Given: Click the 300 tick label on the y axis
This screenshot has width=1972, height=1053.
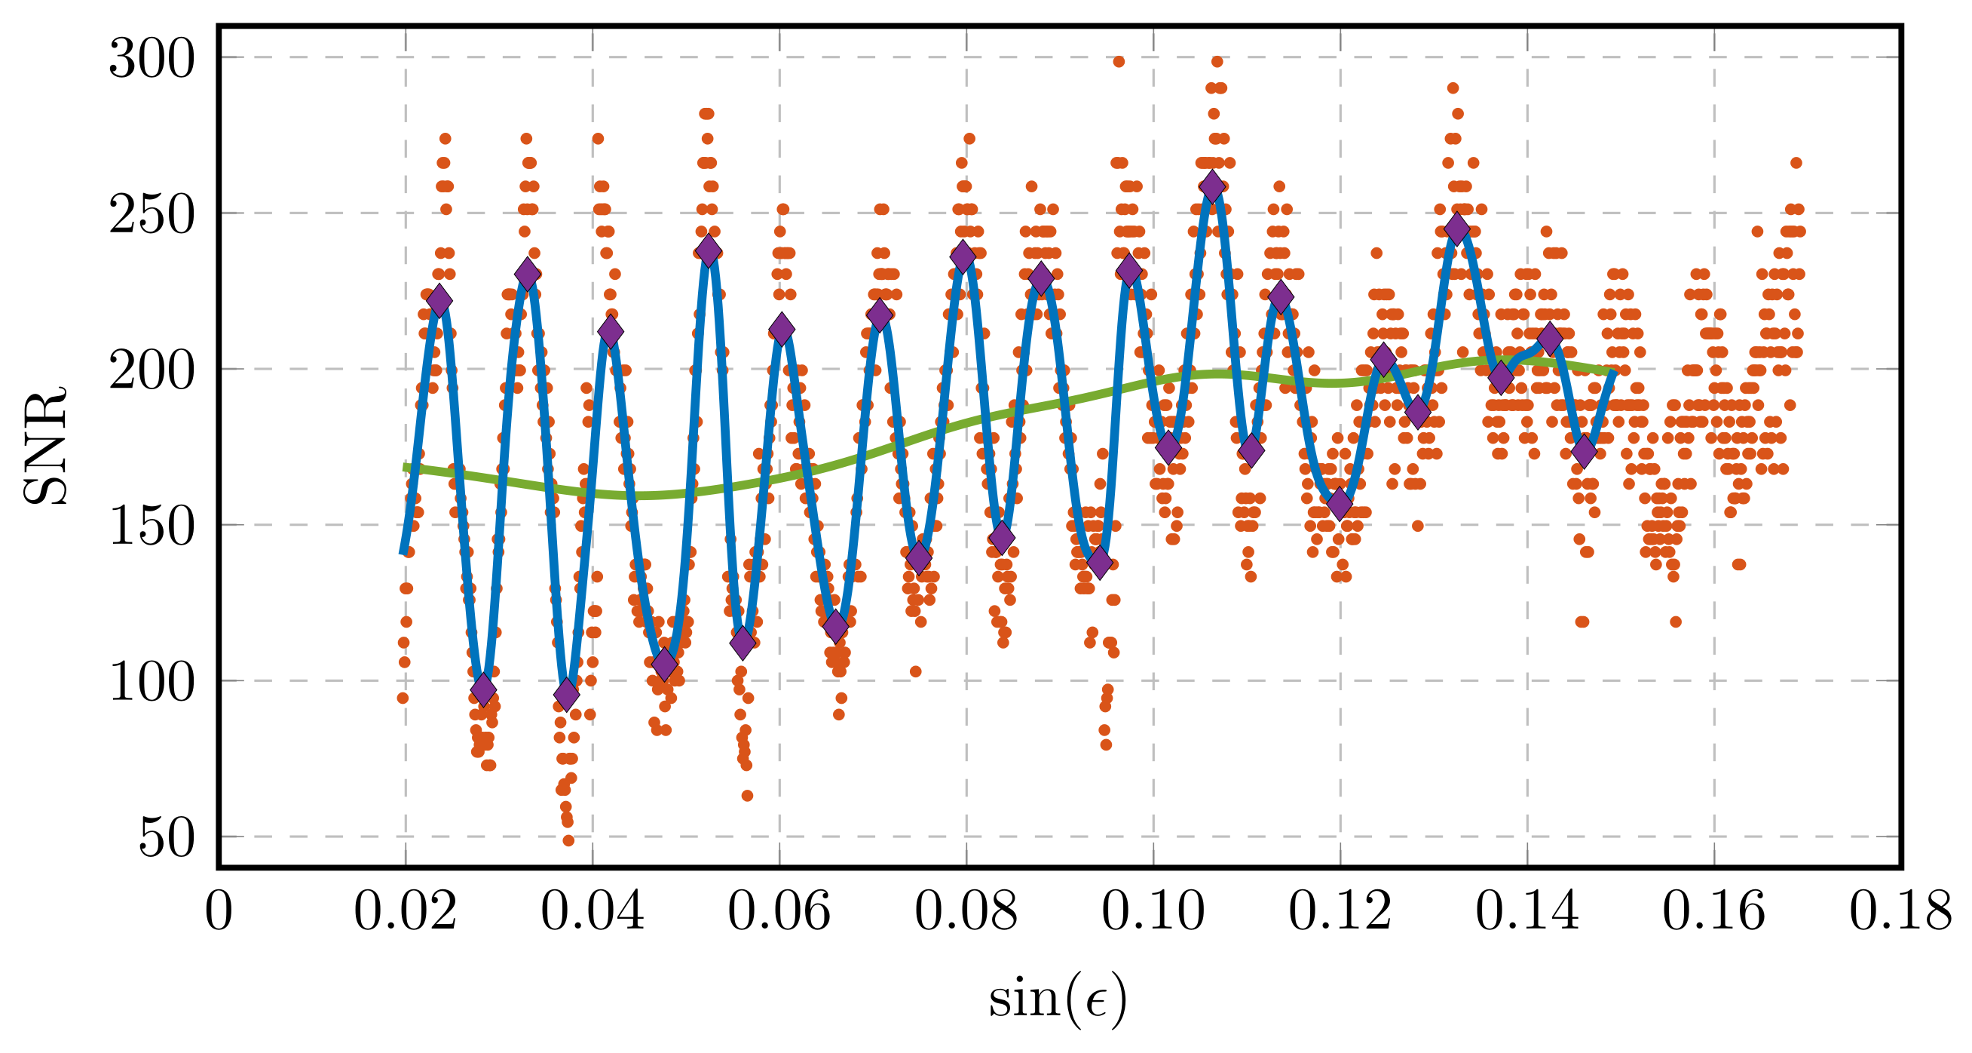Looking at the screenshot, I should pos(152,59).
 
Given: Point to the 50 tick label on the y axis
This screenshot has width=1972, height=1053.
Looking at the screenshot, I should pos(166,839).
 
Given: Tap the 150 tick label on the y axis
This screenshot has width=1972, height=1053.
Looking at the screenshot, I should pos(152,527).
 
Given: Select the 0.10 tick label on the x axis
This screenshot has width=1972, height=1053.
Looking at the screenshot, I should pos(1153,912).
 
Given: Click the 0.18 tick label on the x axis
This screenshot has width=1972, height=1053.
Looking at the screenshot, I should pos(1900,912).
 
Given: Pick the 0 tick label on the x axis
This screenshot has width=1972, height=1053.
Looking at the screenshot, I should pos(218,912).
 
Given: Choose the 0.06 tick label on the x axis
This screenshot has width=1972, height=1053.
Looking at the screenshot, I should pos(779,912).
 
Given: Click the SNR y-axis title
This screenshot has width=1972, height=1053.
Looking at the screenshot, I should pos(44,447).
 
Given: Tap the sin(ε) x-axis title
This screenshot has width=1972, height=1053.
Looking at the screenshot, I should pos(1058,999).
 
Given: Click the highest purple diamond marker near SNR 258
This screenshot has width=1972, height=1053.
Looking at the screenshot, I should pos(1212,186).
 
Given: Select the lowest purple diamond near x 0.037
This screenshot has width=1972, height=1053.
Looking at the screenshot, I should pos(566,694).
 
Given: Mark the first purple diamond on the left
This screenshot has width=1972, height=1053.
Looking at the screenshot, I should pos(439,300).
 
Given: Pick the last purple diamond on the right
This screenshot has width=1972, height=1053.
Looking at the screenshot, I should pos(1584,451).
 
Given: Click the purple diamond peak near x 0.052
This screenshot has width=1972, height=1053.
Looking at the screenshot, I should pos(709,250).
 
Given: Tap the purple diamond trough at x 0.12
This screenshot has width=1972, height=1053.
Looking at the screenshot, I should pos(1340,503).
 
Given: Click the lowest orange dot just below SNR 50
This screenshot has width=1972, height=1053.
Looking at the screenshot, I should pos(568,840).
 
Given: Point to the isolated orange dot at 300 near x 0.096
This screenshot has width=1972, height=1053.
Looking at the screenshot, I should pos(1119,62).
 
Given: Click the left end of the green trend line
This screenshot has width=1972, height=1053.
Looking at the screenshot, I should pos(406,467).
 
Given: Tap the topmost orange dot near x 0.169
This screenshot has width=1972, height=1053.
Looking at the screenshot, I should pos(1796,163).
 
